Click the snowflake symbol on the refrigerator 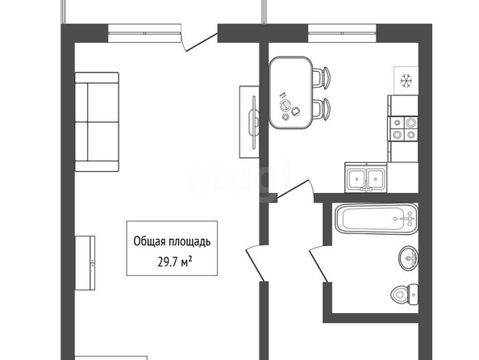click(x=406, y=81)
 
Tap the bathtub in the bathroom click(x=377, y=219)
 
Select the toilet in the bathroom click(x=405, y=295)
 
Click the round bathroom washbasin click(x=408, y=257)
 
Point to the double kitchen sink click(x=365, y=177)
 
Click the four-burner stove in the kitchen click(x=403, y=128)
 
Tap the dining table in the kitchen click(x=291, y=93)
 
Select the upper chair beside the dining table click(x=321, y=78)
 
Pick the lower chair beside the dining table click(x=321, y=109)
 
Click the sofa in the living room click(x=97, y=122)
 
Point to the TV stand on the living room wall click(x=249, y=122)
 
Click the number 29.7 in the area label click(x=168, y=262)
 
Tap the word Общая click(x=146, y=241)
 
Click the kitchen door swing click(x=294, y=190)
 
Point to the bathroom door click(x=319, y=265)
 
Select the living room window click(x=144, y=33)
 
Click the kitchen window click(x=342, y=33)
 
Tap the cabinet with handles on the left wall click(x=85, y=263)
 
